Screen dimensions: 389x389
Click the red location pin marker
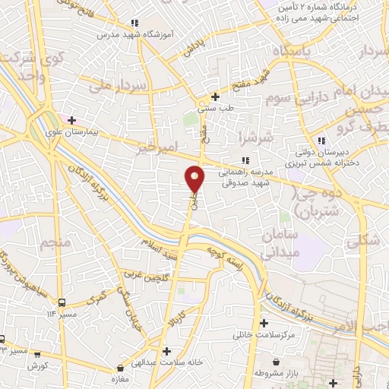pos(195,179)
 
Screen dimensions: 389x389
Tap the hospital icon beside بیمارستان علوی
pos(72,119)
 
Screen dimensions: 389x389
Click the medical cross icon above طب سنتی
pos(216,96)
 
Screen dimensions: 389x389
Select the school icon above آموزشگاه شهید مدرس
pos(134,23)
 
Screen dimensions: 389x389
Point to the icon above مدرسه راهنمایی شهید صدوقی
pos(244,160)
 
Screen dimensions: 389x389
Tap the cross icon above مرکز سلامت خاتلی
pos(264,323)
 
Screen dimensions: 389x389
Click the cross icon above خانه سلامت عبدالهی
pos(167,350)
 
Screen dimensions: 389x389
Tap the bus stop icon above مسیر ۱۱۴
pos(62,300)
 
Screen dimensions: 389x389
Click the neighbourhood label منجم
pos(52,244)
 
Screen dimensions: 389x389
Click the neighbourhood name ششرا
pos(254,140)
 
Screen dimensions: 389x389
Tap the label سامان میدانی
pos(280,243)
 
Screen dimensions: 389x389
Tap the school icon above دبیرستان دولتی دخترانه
pos(321,141)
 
